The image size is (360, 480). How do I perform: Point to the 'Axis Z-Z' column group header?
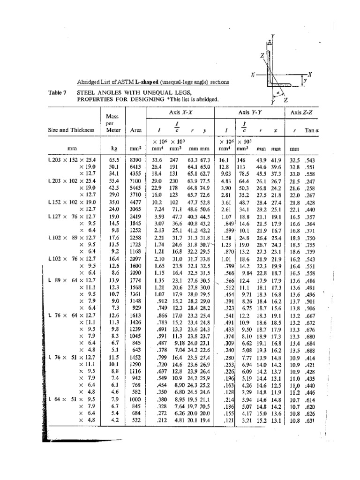pos(302,113)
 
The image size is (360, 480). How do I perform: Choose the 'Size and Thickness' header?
pos(70,130)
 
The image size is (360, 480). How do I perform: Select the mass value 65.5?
pos(114,160)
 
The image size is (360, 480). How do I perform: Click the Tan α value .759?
pos(309,252)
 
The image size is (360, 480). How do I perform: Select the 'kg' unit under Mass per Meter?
pos(114,148)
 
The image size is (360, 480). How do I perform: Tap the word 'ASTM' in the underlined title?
pos(115,82)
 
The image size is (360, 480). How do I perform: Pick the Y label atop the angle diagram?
pos(273,36)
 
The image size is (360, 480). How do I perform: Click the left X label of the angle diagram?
pos(253,75)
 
